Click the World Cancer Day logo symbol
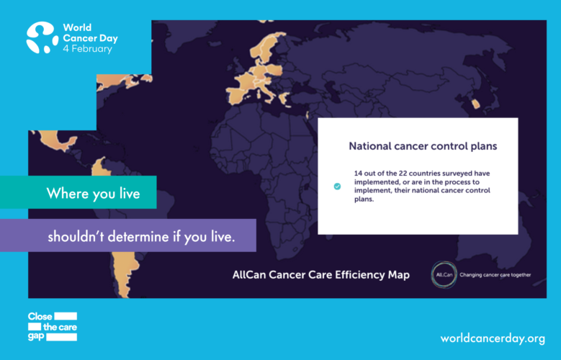[x=42, y=37]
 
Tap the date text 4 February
[x=88, y=49]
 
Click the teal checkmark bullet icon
[x=337, y=186]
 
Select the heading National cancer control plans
[x=423, y=146]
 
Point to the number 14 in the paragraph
[x=358, y=174]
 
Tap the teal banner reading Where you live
[x=78, y=192]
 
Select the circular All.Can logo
[x=444, y=275]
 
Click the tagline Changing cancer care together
[x=495, y=275]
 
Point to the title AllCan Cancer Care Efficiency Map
[x=321, y=275]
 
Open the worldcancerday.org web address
[x=493, y=338]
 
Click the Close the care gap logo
[x=53, y=326]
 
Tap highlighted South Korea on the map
[x=475, y=104]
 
